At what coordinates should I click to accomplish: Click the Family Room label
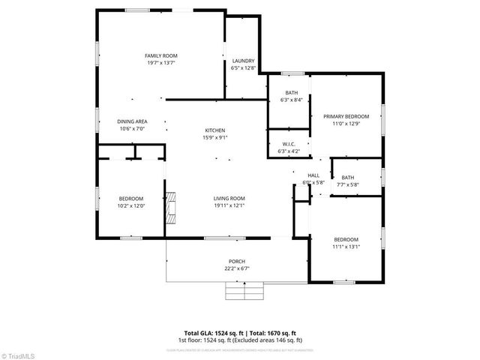[160, 55]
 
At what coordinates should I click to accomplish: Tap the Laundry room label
[243, 61]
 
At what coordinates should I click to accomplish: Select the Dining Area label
[131, 121]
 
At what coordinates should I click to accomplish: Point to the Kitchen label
[214, 130]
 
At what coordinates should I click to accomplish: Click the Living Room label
[229, 198]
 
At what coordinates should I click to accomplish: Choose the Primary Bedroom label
[346, 116]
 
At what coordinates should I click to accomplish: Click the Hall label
[313, 175]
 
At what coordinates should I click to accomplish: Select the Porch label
[237, 262]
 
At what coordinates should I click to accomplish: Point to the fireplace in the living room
[172, 206]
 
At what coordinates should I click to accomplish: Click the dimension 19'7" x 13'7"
[160, 63]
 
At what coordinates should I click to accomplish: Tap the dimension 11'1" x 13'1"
[346, 246]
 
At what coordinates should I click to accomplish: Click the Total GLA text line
[241, 332]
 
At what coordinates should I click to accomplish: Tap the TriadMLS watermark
[19, 355]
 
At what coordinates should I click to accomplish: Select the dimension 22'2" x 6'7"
[237, 268]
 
